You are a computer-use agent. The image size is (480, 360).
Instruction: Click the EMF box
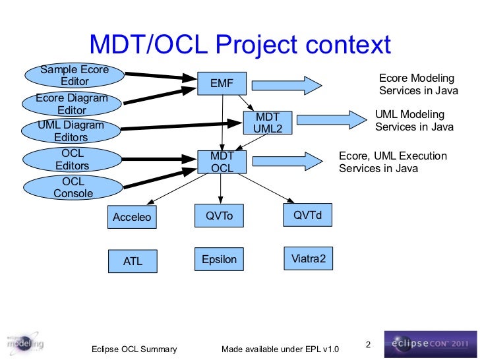tap(222, 84)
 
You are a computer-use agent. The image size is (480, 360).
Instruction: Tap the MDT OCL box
tap(222, 162)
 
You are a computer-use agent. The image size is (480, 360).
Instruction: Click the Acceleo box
tap(133, 217)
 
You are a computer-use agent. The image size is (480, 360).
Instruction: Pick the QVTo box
tap(220, 216)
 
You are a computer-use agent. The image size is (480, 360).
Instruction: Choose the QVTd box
tap(307, 216)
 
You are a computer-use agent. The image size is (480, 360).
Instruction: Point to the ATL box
tap(133, 261)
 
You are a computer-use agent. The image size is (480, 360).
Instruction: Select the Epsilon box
tap(220, 260)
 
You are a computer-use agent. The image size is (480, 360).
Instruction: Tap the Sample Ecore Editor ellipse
tap(75, 76)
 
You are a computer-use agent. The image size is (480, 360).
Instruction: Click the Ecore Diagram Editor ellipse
tap(72, 104)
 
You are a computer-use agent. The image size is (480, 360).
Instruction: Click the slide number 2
tap(368, 344)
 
